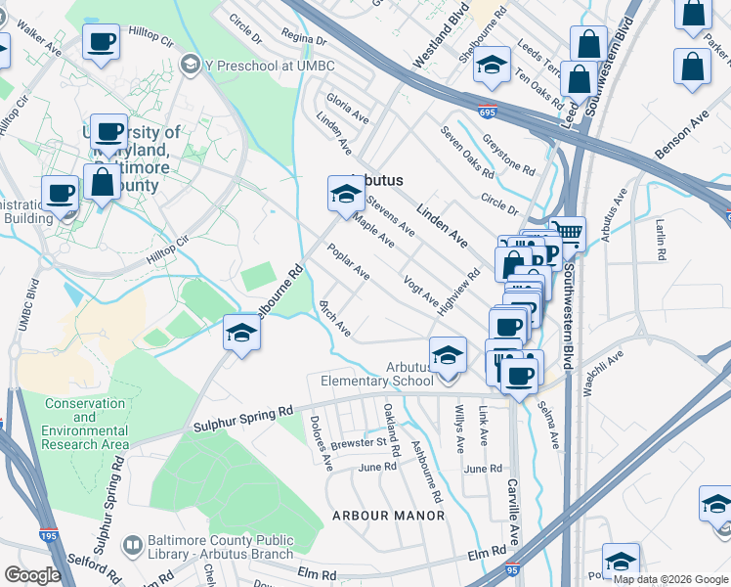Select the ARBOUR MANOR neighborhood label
click(x=388, y=515)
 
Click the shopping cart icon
click(x=568, y=233)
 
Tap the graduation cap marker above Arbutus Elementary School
click(x=448, y=354)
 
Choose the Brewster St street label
click(x=359, y=442)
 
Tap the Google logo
click(x=33, y=574)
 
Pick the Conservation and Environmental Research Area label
click(x=85, y=424)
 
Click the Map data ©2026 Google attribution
click(x=669, y=579)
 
